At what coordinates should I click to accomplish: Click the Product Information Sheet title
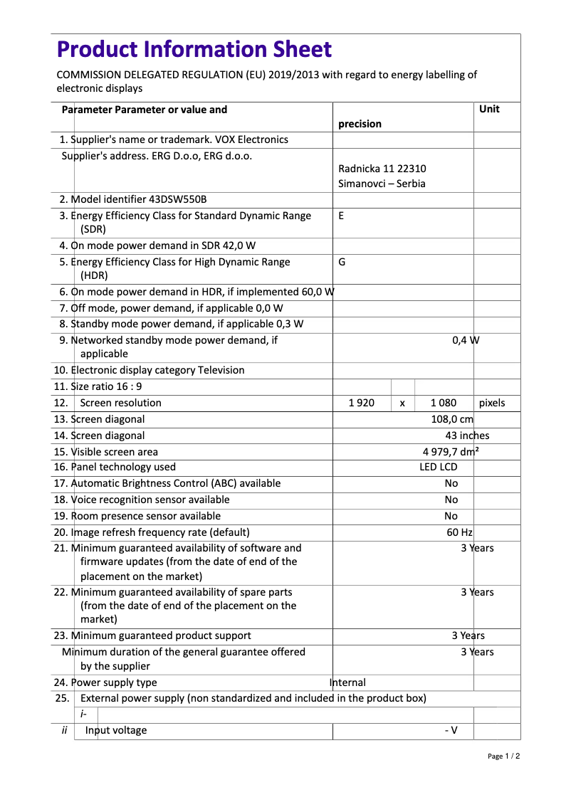[x=194, y=49]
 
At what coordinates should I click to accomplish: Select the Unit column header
[x=489, y=109]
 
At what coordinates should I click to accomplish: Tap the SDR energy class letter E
[x=341, y=216]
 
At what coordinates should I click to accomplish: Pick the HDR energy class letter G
[x=342, y=262]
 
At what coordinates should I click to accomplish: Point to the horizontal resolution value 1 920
[x=361, y=403]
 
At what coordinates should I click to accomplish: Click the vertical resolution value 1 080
[x=444, y=403]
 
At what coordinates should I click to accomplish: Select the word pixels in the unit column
[x=492, y=403]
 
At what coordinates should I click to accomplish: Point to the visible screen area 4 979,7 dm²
[x=451, y=452]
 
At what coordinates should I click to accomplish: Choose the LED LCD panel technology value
[x=438, y=467]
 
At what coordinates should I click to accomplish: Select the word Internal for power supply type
[x=348, y=682]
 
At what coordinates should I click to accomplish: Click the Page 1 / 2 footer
[x=503, y=756]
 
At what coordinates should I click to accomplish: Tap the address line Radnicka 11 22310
[x=382, y=169]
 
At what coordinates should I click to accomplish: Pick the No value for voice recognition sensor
[x=451, y=500]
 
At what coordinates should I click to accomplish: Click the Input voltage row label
[x=116, y=730]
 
